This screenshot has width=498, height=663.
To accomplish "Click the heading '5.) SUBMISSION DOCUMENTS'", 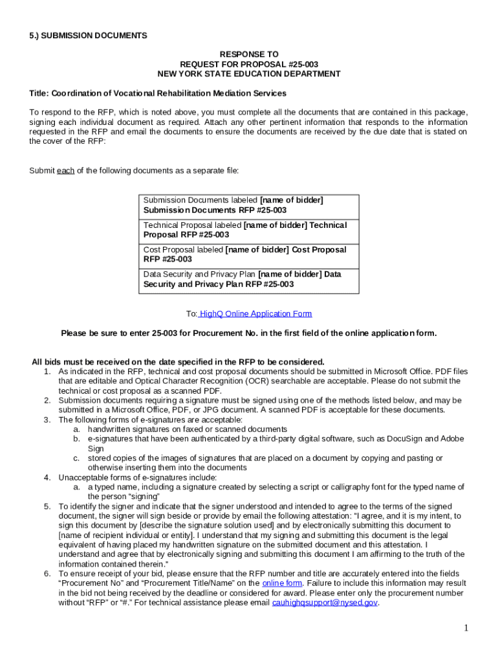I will (x=88, y=36).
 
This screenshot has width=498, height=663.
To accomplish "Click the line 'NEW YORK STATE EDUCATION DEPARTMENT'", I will (x=249, y=74).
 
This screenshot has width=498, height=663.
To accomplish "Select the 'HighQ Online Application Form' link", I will (x=255, y=313).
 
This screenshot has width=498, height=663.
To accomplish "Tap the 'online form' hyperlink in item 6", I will (x=281, y=583).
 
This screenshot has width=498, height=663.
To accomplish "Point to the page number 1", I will (x=465, y=627).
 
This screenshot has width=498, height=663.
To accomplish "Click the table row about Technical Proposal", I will (x=248, y=230).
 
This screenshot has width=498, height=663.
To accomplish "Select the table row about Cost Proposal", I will (x=248, y=254).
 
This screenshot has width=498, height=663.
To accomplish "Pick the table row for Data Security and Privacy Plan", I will (x=248, y=279).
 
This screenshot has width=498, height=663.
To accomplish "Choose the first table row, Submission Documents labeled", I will (x=248, y=205).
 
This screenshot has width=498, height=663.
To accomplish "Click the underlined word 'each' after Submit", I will (x=65, y=171).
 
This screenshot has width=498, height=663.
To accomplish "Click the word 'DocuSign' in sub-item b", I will (x=409, y=438).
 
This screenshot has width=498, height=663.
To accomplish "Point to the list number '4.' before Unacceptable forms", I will (x=47, y=477).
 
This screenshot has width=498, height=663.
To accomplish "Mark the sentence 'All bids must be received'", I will (x=179, y=361).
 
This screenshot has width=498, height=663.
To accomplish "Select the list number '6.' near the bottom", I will (x=47, y=573).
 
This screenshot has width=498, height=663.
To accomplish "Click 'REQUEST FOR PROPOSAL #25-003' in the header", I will (x=249, y=64).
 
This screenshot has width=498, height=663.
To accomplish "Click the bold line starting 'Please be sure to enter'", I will (x=249, y=333).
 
